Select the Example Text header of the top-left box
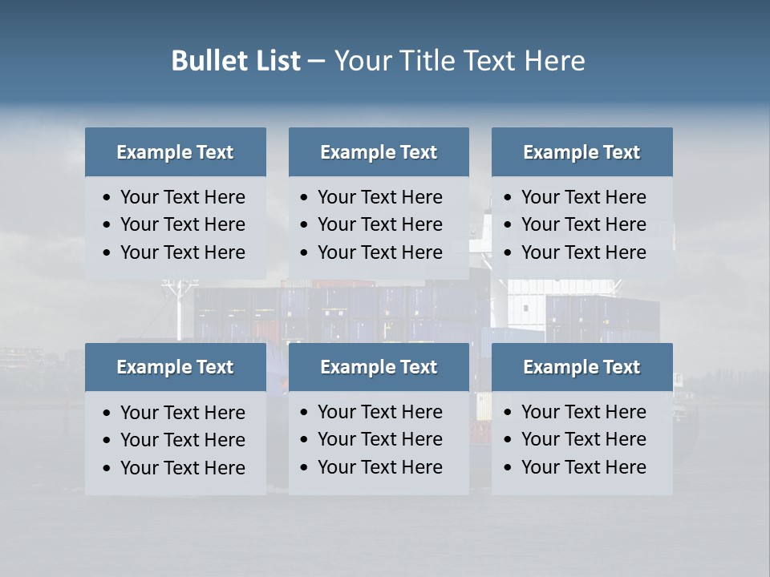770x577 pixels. tap(175, 152)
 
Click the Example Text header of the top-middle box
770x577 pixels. tap(379, 152)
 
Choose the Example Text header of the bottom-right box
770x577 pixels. tap(582, 367)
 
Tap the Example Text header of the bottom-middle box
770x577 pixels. tap(379, 367)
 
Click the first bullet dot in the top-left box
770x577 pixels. tap(107, 198)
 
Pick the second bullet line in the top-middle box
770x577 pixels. tap(379, 224)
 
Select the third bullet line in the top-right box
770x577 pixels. tap(583, 252)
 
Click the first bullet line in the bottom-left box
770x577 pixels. tap(182, 413)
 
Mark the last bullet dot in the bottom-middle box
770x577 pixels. tap(305, 468)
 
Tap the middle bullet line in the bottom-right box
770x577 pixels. tap(583, 439)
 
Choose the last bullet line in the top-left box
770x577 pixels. tap(182, 252)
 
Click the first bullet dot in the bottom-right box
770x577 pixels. tap(509, 413)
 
